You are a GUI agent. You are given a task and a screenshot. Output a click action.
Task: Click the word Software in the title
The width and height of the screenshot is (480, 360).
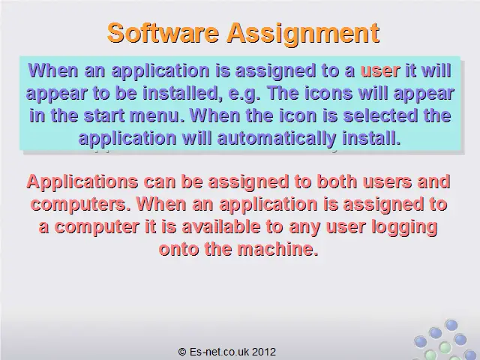[163, 33]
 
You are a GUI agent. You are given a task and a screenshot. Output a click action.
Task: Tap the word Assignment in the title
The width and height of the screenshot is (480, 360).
[303, 34]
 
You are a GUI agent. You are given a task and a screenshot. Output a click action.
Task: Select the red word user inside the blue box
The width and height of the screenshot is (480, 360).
[380, 70]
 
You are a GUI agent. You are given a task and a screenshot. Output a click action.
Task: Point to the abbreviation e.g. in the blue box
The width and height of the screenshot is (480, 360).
[244, 94]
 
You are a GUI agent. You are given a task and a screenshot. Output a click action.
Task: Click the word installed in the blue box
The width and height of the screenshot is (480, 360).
[182, 93]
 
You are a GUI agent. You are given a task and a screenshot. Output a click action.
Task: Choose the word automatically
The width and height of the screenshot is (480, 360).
[277, 138]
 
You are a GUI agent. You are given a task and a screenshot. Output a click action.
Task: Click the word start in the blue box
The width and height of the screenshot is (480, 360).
[104, 115]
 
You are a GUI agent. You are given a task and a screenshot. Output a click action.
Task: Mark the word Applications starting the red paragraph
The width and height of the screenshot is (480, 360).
[82, 182]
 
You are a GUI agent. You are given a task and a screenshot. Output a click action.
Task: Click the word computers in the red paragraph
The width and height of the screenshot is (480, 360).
[79, 205]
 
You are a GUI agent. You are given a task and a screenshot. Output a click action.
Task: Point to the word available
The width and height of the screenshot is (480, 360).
[220, 226]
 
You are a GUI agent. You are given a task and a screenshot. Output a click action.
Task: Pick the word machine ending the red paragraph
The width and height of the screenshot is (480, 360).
[277, 249]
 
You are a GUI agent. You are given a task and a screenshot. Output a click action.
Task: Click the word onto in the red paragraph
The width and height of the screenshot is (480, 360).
[179, 249]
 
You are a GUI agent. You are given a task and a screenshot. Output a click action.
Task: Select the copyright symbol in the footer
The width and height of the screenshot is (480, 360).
[182, 352]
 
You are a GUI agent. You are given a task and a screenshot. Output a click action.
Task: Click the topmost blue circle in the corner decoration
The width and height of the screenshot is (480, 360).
[451, 325]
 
